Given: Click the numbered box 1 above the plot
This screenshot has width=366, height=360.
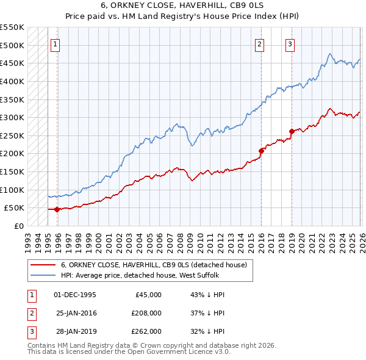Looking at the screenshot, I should click(x=56, y=44).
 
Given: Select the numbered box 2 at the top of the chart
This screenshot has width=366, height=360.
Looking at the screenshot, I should click(x=260, y=44).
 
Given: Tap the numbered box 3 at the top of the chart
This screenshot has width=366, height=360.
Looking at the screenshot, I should click(x=290, y=44).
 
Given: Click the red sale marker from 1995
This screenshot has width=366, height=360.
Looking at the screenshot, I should click(x=57, y=209).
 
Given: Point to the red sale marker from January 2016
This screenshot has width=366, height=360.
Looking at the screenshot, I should click(x=261, y=150).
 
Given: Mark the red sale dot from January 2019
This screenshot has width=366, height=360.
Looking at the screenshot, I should click(x=292, y=131).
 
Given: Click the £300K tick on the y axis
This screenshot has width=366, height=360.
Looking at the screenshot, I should click(x=12, y=117).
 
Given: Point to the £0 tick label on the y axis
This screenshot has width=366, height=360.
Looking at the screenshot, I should click(x=18, y=226).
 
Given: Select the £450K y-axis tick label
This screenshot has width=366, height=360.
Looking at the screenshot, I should click(x=12, y=63).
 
